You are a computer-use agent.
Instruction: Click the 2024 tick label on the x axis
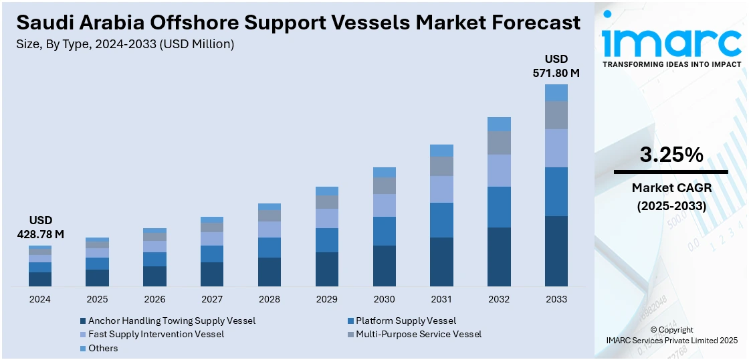[x=40, y=299]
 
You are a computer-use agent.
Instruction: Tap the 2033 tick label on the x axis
[x=556, y=299]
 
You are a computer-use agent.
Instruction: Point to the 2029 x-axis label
[x=326, y=299]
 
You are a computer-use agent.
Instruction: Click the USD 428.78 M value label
[x=40, y=228]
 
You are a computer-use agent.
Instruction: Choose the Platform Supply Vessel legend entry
[x=405, y=321]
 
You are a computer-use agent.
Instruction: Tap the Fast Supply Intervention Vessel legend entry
[x=156, y=334]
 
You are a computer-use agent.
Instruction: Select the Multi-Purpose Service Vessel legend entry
[x=418, y=334]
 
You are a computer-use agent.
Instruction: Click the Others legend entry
[x=102, y=348]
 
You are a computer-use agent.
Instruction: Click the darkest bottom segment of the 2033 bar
[x=556, y=251]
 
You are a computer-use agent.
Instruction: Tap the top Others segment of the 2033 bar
[x=556, y=92]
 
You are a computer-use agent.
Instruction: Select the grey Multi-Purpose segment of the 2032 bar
[x=499, y=143]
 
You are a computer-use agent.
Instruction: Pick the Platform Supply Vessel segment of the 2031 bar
[x=441, y=220]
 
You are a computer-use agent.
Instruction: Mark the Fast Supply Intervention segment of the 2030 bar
[x=384, y=205]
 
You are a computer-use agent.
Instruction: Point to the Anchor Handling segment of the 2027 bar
[x=212, y=274]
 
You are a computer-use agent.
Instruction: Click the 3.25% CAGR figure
[x=671, y=155]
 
